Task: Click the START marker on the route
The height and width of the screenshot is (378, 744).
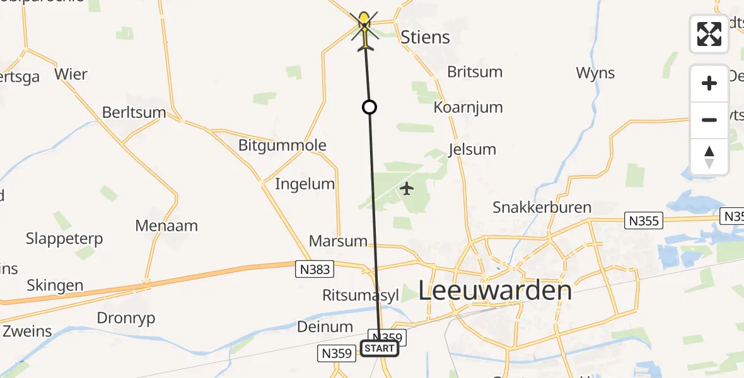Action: [x=380, y=348]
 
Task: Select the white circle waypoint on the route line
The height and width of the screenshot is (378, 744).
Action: [x=369, y=107]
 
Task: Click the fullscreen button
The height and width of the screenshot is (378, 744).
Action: [x=709, y=34]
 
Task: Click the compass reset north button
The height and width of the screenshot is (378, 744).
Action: [x=709, y=157]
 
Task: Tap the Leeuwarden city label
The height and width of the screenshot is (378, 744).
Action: [x=495, y=291]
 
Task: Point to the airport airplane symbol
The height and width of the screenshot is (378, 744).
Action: [x=407, y=188]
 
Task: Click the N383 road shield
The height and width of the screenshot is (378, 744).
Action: [x=314, y=270]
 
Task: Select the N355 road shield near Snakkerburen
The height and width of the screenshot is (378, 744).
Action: [x=644, y=220]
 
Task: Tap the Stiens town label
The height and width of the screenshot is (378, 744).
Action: [x=426, y=37]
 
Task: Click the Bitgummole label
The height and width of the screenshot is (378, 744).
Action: [x=282, y=146]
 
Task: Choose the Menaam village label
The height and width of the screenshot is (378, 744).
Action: [x=166, y=226]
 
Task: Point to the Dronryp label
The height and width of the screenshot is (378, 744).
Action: [x=126, y=318]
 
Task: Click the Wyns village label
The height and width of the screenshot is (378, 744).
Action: [x=595, y=73]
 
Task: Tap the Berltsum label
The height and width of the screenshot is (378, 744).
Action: [x=134, y=113]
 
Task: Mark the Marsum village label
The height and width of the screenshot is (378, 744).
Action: [x=338, y=241]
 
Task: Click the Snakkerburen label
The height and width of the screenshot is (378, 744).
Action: [x=542, y=207]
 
